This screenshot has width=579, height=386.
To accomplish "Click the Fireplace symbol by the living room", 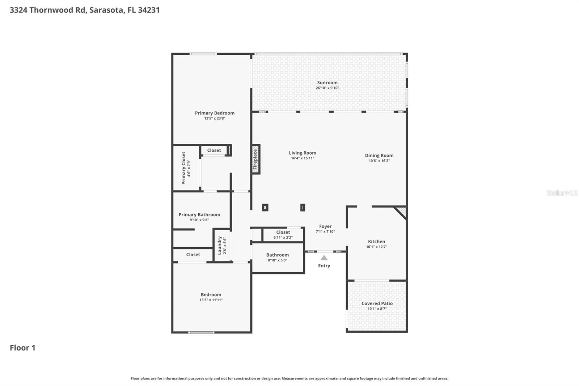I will [255, 159].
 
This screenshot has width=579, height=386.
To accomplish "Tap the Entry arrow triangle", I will [324, 258].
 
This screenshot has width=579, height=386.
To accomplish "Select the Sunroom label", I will [327, 83].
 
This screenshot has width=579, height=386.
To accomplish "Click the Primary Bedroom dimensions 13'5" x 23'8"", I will [215, 118].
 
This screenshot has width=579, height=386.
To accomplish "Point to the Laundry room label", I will [219, 245].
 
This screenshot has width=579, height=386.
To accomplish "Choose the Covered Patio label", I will [377, 303].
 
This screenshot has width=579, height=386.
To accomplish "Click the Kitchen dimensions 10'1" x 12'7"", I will [376, 247].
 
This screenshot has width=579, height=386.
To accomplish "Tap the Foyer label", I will [325, 226].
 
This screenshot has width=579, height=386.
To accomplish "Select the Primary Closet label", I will [183, 168].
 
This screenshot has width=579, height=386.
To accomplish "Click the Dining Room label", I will [379, 155].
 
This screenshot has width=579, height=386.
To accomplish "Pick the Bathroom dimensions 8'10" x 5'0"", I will [277, 260].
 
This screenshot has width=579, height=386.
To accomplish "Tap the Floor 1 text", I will [22, 348].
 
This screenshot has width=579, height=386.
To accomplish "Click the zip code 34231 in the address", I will [149, 10].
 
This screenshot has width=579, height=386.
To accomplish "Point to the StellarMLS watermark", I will [562, 193].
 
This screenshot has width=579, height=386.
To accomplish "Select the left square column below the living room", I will [265, 207].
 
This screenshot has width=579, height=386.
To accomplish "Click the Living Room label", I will [302, 153].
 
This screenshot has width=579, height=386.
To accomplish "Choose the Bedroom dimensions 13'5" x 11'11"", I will [211, 300].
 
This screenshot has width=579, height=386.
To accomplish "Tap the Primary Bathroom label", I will [199, 214].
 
